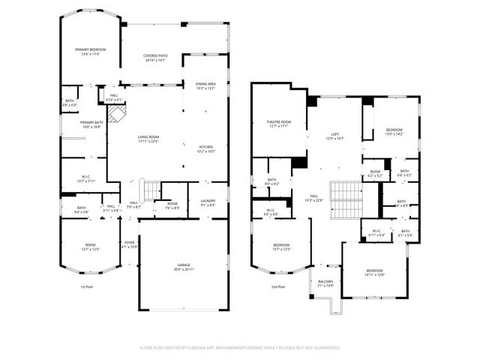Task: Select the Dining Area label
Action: tap(205, 85)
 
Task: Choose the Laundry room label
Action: tap(207, 202)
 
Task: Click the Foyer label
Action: tap(130, 244)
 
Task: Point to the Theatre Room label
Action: tap(279, 123)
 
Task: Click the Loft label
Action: tap(334, 136)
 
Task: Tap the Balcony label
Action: tap(325, 283)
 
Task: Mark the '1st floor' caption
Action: tap(87, 286)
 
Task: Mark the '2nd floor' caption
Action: tap(277, 286)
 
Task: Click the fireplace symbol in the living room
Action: tap(116, 113)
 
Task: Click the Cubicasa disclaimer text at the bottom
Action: tap(240, 348)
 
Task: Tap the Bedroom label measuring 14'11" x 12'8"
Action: tap(375, 272)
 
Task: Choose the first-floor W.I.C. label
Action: tap(86, 178)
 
